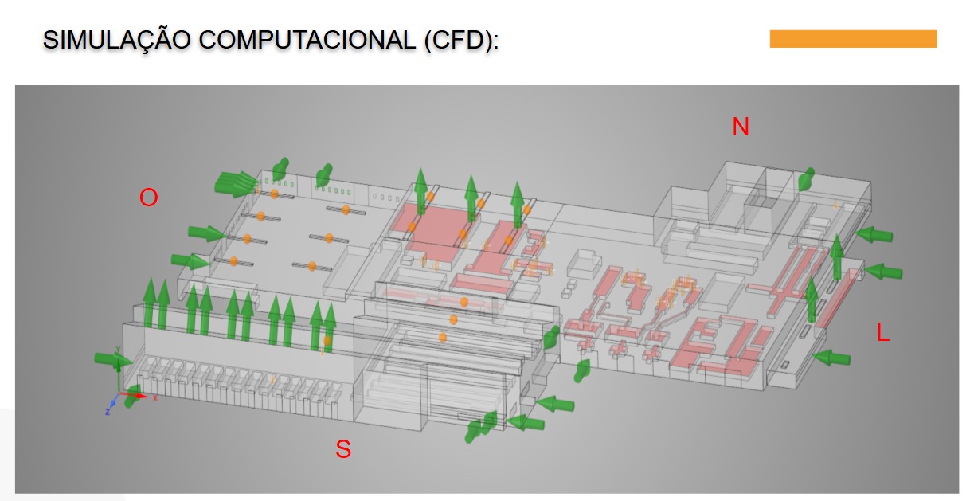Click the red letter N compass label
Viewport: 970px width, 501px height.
741,127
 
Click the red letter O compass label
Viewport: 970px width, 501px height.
149,198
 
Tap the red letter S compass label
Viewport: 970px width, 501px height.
343,449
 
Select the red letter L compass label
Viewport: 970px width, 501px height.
883,333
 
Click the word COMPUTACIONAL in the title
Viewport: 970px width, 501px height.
307,40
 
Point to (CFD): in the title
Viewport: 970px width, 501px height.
462,41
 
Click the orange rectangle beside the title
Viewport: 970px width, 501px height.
853,39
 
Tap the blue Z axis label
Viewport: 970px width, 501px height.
108,413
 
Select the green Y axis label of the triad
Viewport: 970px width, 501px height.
117,349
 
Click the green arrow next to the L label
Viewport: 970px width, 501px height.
831,358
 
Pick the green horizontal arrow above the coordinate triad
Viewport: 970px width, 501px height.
113,360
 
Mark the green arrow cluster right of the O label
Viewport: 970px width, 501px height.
236,184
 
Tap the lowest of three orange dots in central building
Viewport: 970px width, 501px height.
443,338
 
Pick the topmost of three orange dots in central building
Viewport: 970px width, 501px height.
463,302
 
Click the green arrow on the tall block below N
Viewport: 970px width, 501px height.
806,179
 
